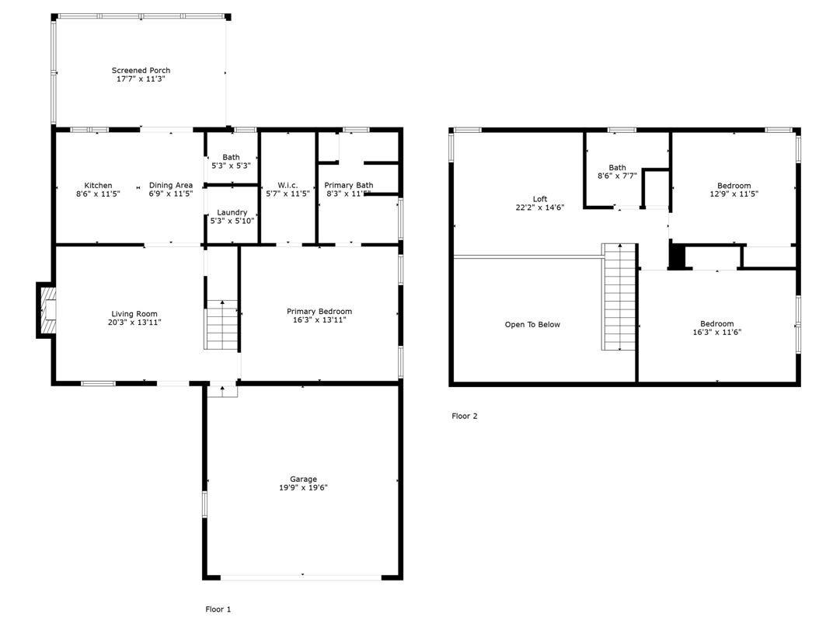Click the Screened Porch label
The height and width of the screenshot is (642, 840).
[x=141, y=71]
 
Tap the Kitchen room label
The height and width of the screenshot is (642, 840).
[x=98, y=186]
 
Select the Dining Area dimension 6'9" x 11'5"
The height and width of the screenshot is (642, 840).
[x=171, y=194]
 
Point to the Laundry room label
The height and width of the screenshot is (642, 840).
[x=232, y=212]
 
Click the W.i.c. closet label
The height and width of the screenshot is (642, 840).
[x=288, y=185]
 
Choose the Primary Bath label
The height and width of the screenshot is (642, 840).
[x=348, y=185]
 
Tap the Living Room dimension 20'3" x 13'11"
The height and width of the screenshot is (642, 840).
[x=135, y=322]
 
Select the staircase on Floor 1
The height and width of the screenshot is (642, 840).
[x=221, y=325]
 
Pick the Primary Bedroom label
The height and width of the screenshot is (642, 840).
[x=319, y=311]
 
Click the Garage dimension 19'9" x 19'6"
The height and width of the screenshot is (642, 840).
[x=303, y=487]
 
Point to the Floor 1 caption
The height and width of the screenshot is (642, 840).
[x=218, y=609]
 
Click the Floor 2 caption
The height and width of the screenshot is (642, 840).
[x=465, y=416]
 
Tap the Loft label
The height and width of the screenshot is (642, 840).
[x=539, y=199]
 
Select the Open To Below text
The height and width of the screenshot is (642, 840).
[x=532, y=325]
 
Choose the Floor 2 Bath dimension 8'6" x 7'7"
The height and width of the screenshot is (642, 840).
[x=617, y=176]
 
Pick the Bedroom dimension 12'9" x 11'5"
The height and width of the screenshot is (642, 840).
[x=734, y=194]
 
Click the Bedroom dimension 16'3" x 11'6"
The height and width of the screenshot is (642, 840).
[x=716, y=332]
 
